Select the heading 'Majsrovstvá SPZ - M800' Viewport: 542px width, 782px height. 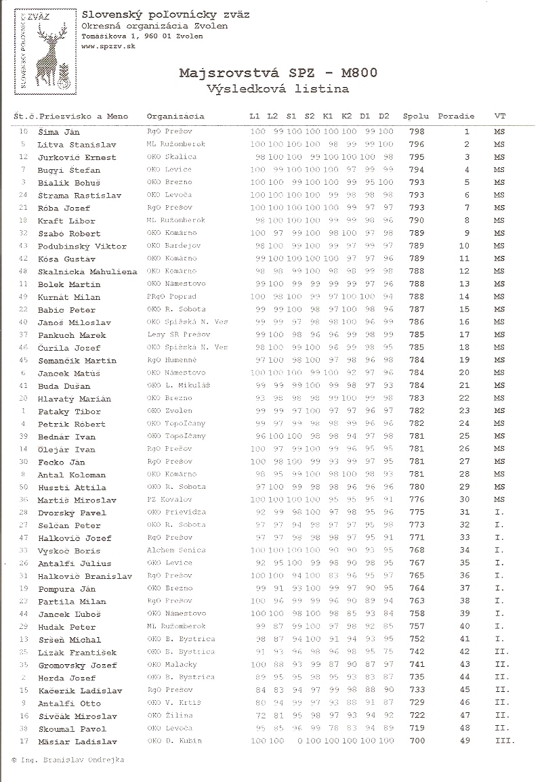tap(278, 73)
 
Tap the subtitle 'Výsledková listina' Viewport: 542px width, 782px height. tap(278, 88)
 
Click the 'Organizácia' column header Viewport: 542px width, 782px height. tap(175, 116)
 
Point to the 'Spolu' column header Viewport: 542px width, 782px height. tap(416, 116)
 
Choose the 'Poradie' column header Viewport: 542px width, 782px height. tap(456, 116)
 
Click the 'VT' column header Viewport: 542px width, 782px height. tap(500, 116)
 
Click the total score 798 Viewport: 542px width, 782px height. tap(417, 132)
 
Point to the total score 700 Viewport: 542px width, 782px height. tap(417, 741)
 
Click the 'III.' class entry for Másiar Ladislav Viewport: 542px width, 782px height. tap(505, 741)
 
